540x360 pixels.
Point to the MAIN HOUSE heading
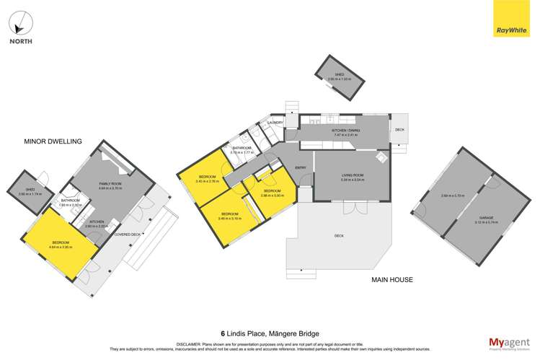(x=392, y=279)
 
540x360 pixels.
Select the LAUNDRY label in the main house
(x=275, y=123)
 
